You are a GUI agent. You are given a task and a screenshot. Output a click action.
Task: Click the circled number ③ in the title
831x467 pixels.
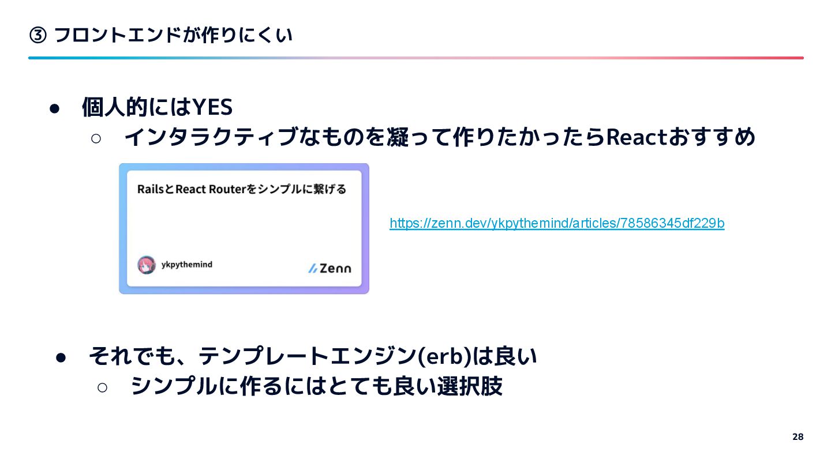38,36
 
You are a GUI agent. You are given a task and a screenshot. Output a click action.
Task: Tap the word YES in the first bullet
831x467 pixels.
212,107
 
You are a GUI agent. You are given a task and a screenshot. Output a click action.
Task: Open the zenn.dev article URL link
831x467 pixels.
557,223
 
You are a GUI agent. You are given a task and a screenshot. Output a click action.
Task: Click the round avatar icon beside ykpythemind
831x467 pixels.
147,265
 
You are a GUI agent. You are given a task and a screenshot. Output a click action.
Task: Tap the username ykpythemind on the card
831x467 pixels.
186,265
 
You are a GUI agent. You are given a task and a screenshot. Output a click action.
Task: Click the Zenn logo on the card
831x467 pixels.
330,268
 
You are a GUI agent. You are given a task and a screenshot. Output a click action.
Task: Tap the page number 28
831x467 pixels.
798,436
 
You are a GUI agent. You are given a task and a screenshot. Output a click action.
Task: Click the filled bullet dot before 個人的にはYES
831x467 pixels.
55,108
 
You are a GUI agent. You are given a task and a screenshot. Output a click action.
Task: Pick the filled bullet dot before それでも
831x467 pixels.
62,357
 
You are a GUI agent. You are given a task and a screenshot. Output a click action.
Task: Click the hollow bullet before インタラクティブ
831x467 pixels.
96,138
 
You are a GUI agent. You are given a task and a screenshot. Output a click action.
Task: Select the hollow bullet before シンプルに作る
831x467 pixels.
103,387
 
